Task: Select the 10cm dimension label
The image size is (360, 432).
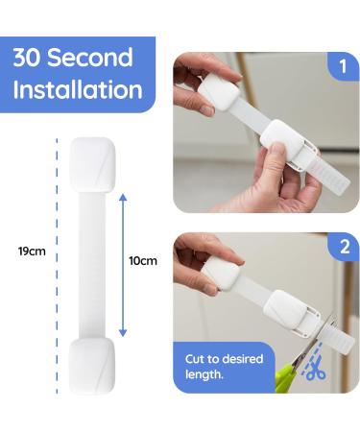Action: click(142, 260)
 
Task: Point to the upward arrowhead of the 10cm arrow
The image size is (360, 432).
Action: click(122, 196)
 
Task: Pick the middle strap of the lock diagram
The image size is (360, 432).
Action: click(92, 264)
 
